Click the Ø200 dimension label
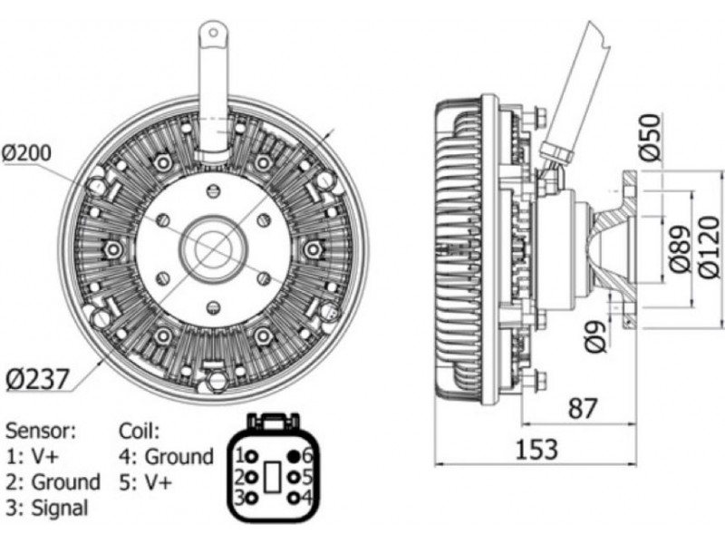click(26, 153)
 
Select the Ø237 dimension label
click(37, 379)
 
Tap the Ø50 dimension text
click(651, 138)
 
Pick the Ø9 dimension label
click(595, 336)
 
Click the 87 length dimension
click(582, 409)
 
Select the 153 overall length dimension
click(536, 449)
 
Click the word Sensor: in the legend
click(40, 431)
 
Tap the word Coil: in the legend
click(139, 431)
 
